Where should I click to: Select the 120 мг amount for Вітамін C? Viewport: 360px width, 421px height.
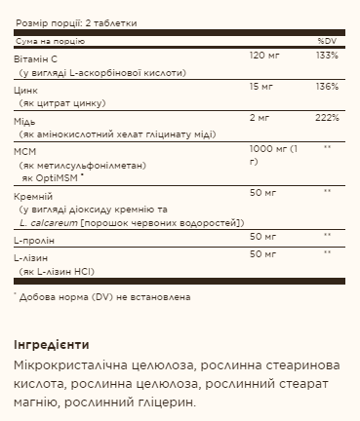[263, 56]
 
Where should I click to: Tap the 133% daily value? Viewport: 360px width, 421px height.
[328, 56]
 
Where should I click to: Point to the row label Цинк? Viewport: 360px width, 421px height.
[25, 87]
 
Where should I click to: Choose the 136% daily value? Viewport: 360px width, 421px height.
[328, 87]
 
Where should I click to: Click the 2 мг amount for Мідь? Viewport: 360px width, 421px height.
[259, 118]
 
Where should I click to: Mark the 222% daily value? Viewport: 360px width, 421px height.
[328, 118]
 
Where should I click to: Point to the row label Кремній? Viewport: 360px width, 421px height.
[32, 196]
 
